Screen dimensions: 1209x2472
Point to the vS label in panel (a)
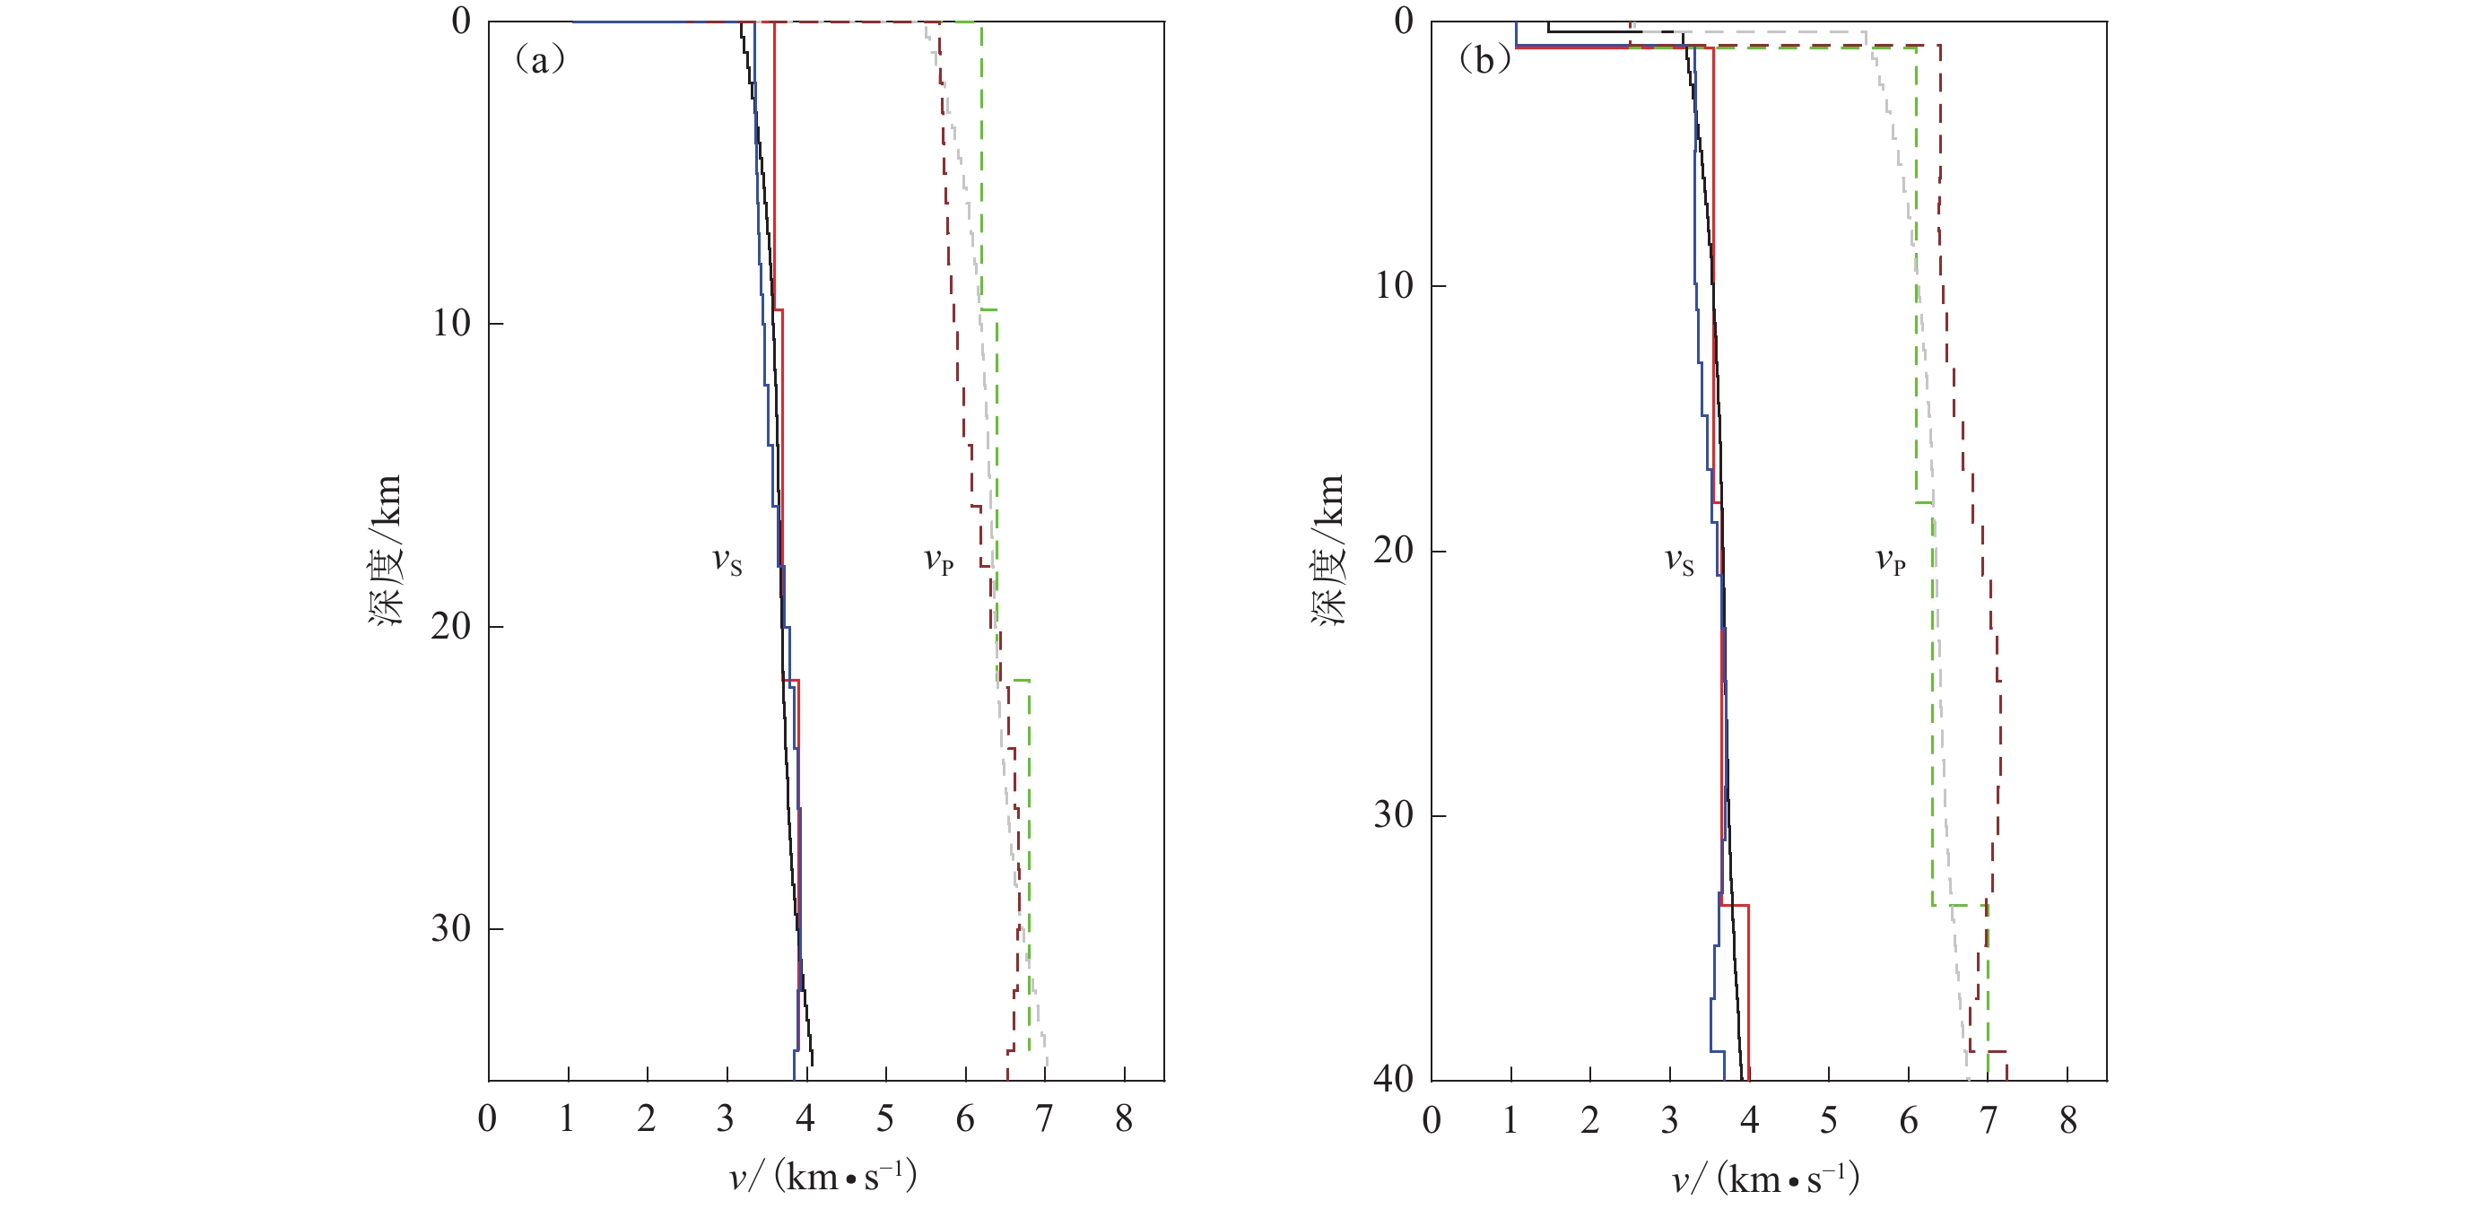727,561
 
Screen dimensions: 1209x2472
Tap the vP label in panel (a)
938,561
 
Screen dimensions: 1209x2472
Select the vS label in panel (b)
1678,561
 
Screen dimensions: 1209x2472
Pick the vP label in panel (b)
1891,561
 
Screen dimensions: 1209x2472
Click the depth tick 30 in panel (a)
451,929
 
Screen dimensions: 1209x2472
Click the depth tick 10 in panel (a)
451,324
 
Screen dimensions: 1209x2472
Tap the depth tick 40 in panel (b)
1393,1080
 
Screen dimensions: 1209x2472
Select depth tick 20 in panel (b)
1393,551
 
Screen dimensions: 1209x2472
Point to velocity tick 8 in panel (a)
1124,1118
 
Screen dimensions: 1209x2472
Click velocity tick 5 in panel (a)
884,1118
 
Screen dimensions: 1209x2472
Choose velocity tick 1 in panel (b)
1510,1118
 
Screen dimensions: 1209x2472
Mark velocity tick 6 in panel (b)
1908,1118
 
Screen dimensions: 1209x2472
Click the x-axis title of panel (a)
823,1177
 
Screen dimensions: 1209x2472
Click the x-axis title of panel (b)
1766,1177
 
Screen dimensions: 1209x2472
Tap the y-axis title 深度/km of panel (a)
386,551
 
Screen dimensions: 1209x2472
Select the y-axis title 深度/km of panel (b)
1329,551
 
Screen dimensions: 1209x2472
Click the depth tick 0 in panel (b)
1404,22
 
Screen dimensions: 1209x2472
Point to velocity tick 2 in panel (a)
647,1118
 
